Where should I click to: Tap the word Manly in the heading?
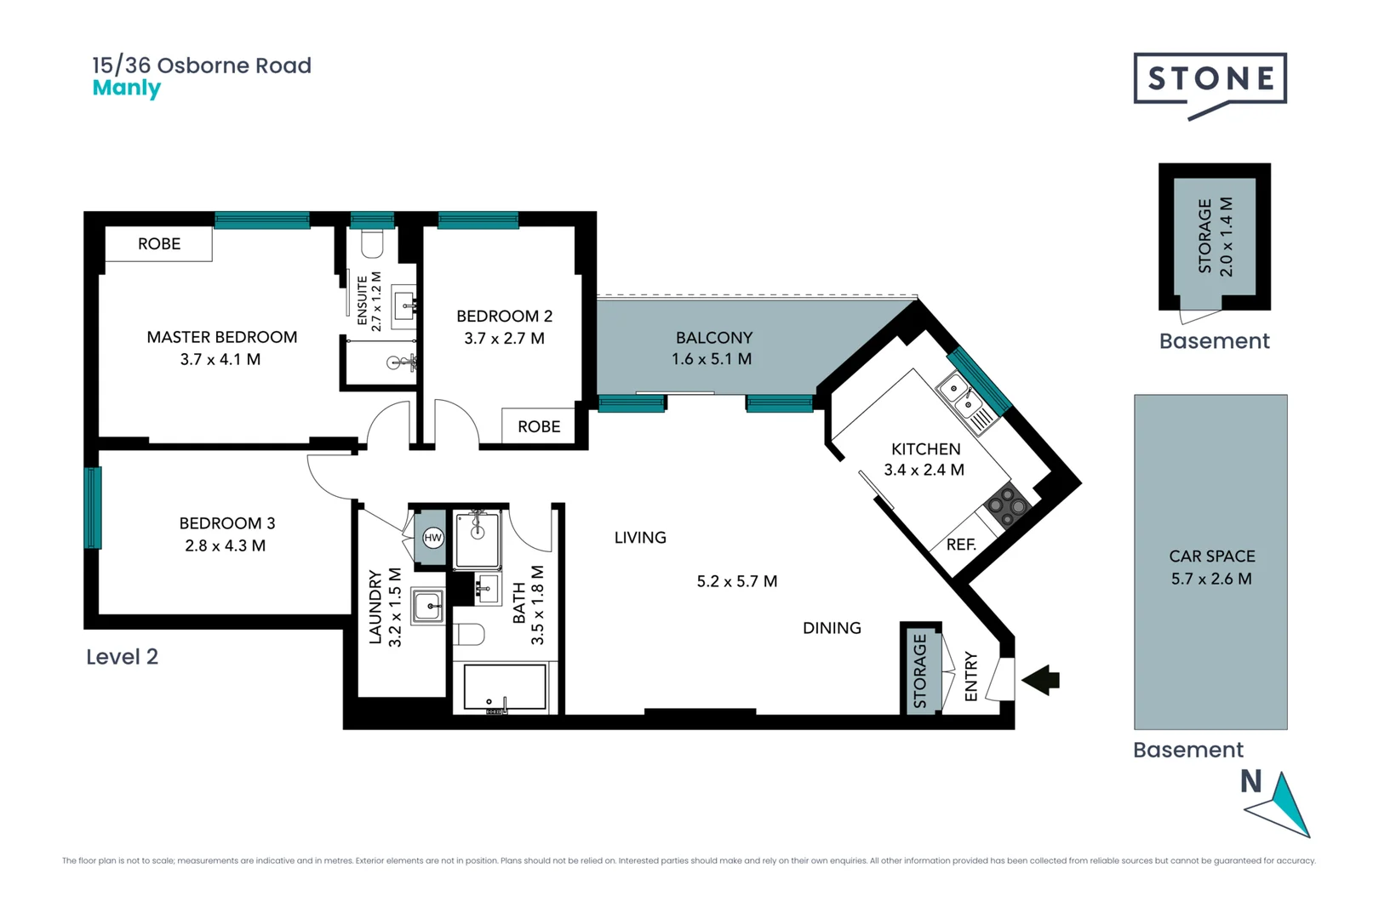click(126, 88)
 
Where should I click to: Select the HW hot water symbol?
click(433, 538)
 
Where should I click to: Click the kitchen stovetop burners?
click(1007, 504)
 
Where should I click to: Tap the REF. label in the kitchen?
click(961, 545)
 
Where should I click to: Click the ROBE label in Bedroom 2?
click(539, 426)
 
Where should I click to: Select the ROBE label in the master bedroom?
click(159, 244)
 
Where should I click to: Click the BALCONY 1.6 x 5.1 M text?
click(712, 349)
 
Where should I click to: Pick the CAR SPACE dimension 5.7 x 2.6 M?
click(1211, 579)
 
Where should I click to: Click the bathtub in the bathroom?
click(505, 687)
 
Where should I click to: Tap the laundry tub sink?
click(427, 607)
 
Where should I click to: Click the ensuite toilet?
click(372, 243)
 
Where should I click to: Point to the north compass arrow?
click(1283, 805)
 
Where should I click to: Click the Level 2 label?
click(122, 657)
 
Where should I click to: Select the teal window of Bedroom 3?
click(92, 507)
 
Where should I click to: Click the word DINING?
click(832, 628)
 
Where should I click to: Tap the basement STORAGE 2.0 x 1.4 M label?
click(1215, 237)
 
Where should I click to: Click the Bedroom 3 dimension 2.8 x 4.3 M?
click(225, 545)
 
